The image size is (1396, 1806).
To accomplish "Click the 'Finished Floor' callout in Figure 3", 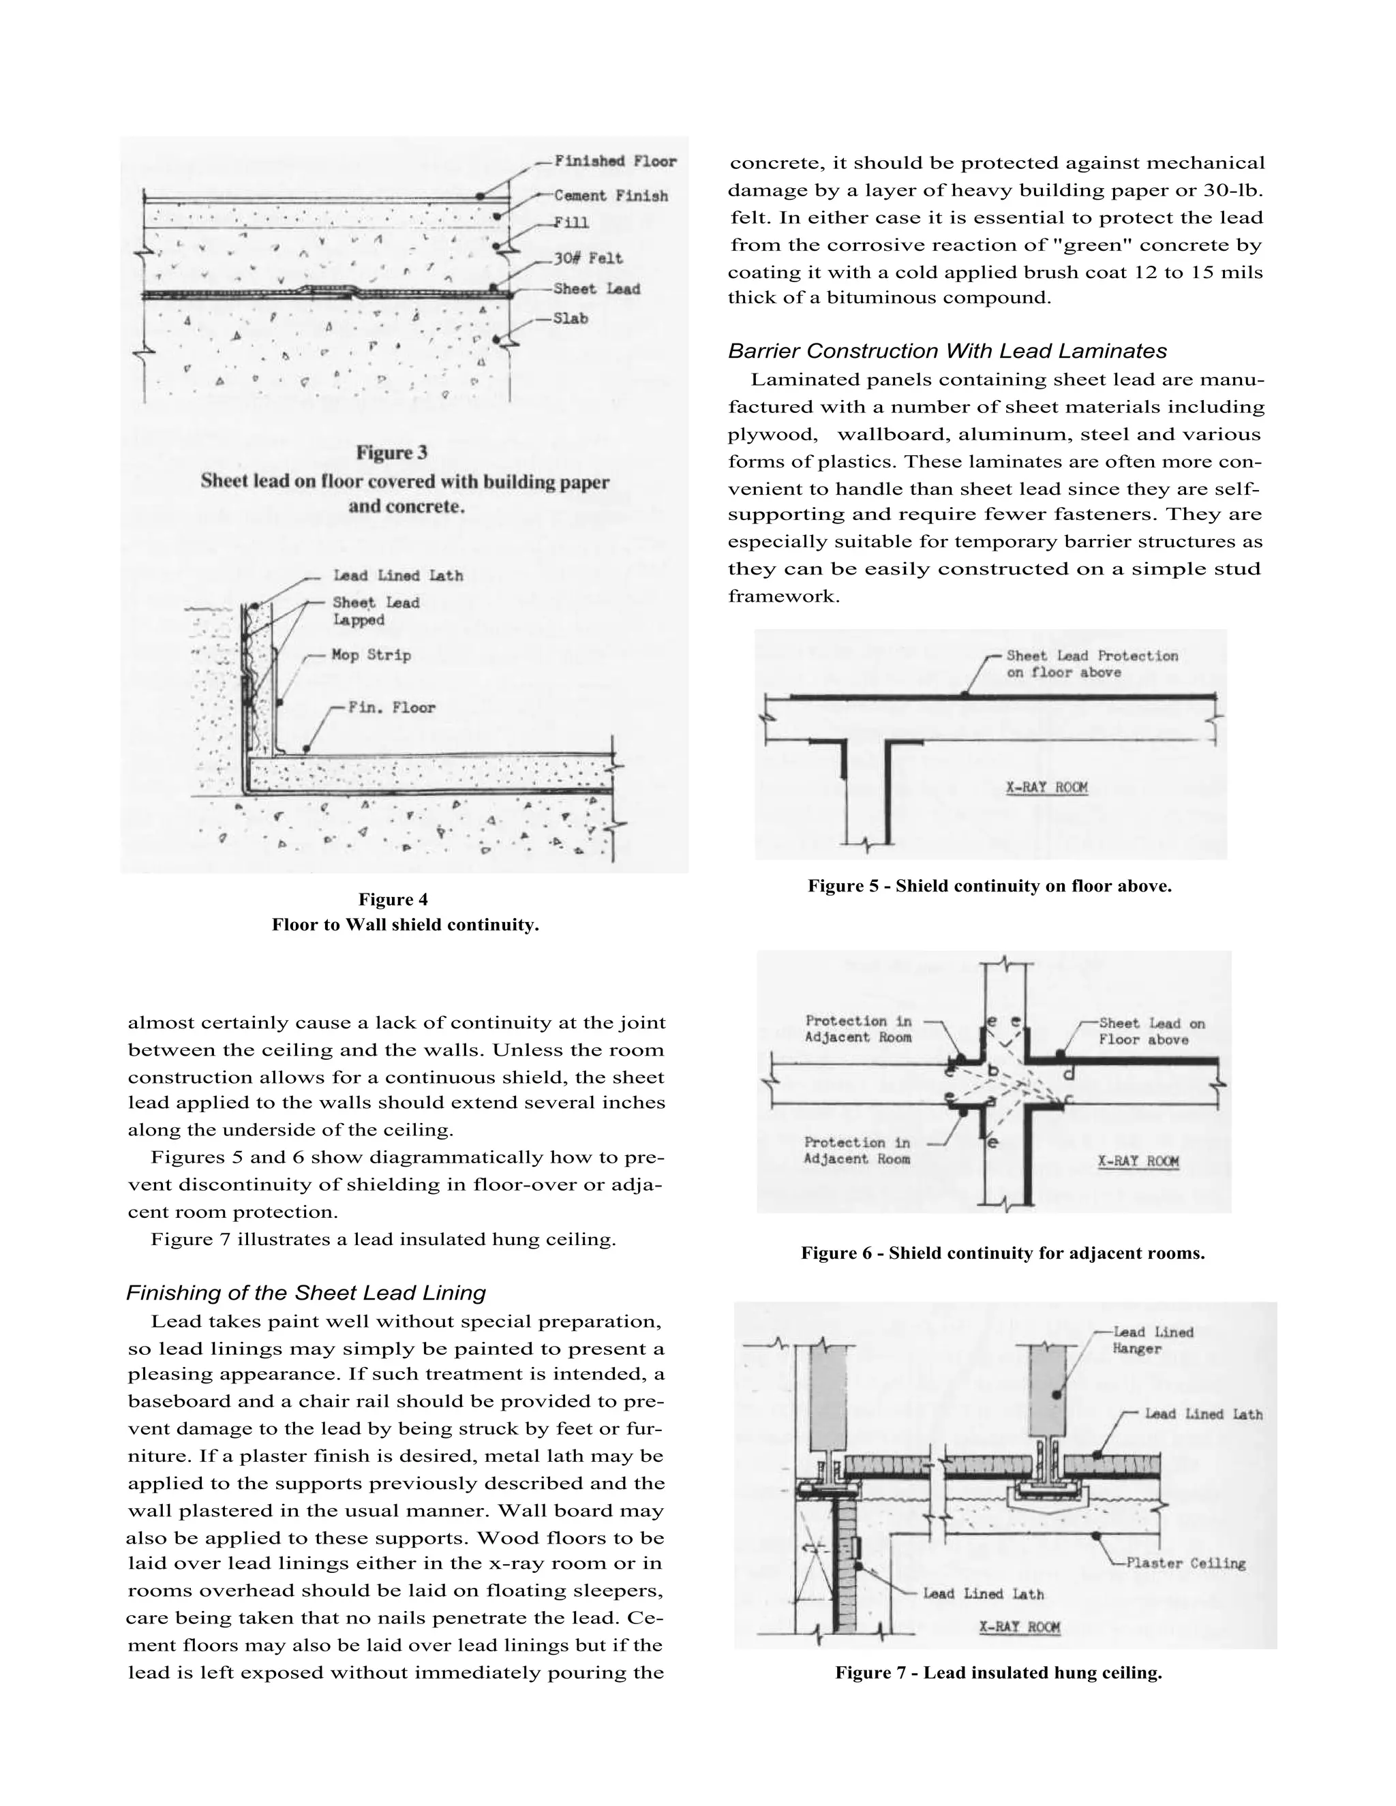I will [614, 162].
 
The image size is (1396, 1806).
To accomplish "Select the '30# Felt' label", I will [588, 259].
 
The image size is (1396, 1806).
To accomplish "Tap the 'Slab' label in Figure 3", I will [571, 318].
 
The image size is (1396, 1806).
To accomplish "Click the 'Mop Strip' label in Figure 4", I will [371, 655].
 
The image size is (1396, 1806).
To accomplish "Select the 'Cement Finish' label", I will [610, 196].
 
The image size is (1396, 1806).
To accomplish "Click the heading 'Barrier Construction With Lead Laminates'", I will [947, 352].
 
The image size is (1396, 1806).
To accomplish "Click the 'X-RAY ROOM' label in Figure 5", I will [1046, 787].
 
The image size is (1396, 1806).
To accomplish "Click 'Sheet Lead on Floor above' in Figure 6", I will [1151, 1031].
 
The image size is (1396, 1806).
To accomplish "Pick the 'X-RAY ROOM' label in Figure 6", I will [1138, 1161].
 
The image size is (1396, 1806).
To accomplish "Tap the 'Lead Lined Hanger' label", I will [1153, 1340].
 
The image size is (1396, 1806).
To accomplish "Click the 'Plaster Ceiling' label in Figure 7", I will [1185, 1563].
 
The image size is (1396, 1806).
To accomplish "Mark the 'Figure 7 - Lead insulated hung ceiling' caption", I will [998, 1673].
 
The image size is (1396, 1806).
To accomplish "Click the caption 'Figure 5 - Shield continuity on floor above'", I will [989, 887].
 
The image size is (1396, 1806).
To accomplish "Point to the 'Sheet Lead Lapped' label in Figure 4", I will [376, 611].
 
